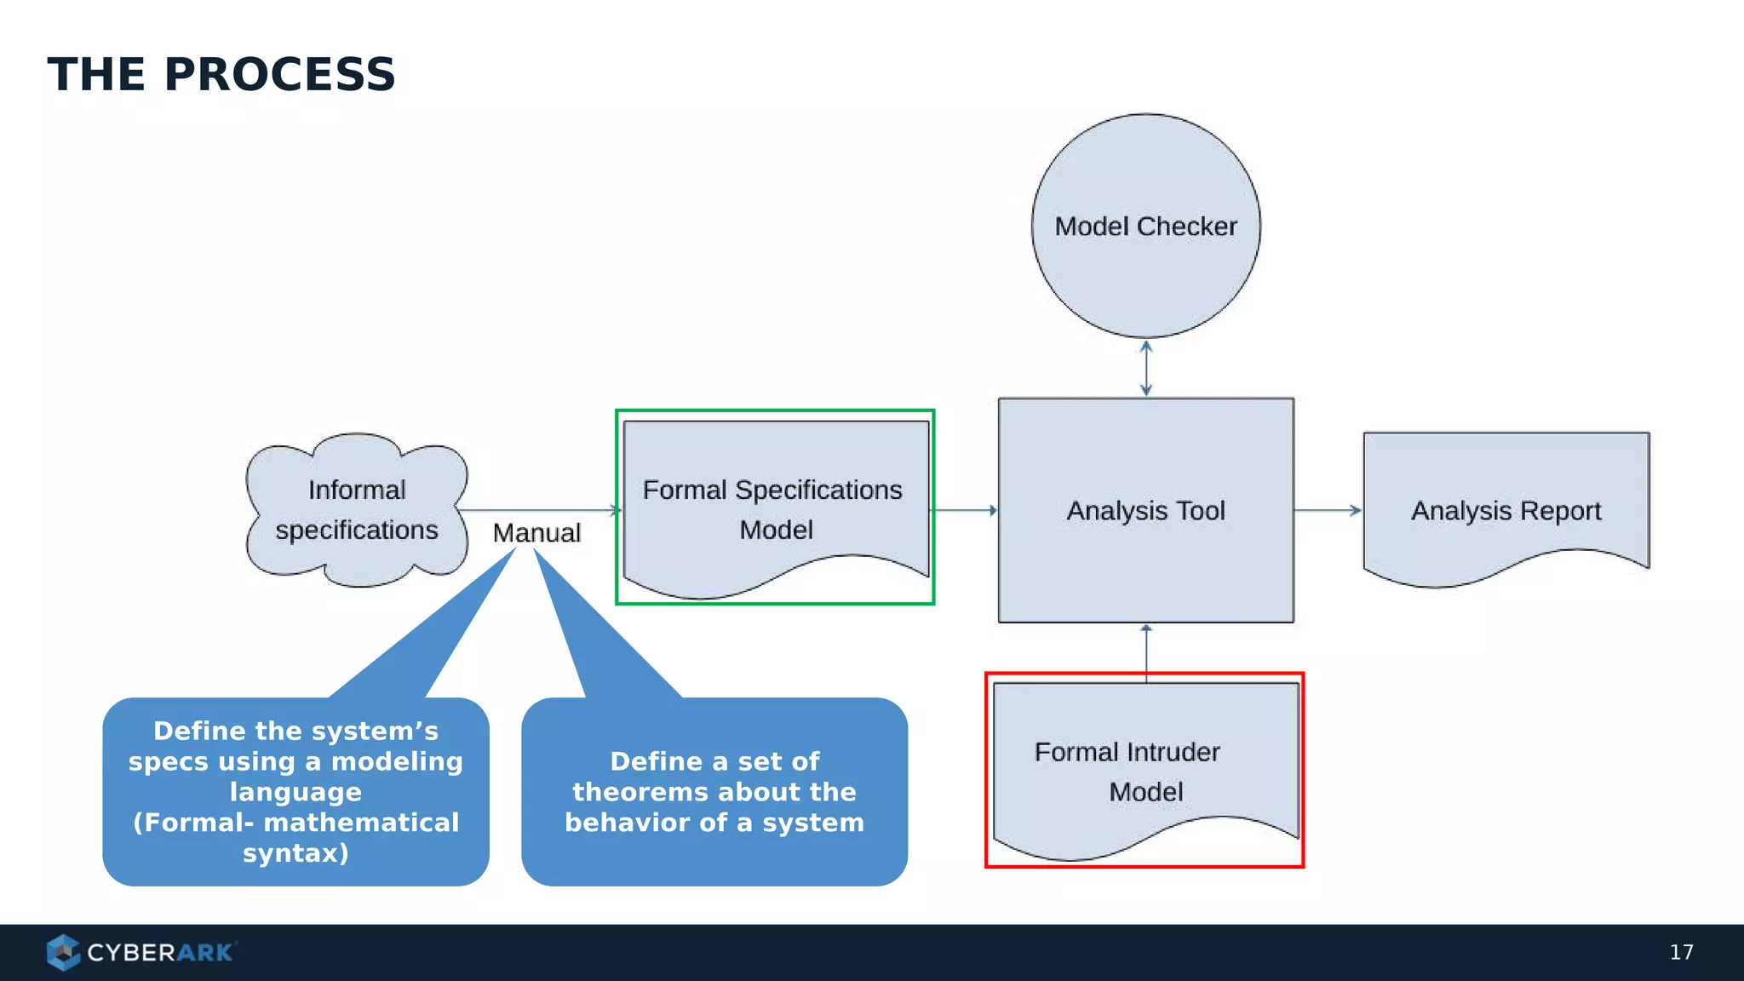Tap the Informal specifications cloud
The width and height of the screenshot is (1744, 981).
point(357,510)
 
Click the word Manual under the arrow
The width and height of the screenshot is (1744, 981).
point(536,533)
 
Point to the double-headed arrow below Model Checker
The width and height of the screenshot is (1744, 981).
point(1146,368)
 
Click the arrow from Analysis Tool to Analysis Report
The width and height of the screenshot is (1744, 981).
point(1327,510)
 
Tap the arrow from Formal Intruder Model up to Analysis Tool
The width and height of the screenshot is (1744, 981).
point(1146,651)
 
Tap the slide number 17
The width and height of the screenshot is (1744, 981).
point(1681,952)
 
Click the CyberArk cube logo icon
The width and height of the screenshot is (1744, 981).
point(63,952)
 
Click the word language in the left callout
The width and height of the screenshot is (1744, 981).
point(295,792)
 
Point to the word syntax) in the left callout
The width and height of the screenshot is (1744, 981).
point(295,852)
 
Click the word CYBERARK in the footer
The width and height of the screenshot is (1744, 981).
point(159,952)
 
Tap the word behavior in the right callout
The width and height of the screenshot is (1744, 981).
point(631,823)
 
